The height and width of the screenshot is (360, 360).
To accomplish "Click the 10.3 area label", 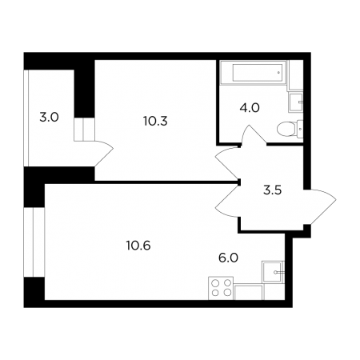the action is pos(155,122).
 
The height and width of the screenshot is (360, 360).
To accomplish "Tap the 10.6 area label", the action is pos(138,246).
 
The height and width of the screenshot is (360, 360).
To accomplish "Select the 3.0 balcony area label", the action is pos(49,118).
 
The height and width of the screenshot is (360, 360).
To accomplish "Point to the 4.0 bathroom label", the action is pos(250,108).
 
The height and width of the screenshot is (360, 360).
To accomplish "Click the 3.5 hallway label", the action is pos(273,190).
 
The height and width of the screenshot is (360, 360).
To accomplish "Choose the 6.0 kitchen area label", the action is pos(228,258).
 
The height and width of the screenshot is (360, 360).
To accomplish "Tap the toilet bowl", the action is pos(286,129).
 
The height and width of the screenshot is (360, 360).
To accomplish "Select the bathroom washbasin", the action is pos(296,102).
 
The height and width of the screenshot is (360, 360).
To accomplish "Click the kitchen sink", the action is pos(273,272).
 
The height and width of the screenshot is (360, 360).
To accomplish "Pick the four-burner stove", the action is pos(221,288).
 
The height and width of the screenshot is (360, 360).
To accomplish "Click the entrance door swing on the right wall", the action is pos(320,206).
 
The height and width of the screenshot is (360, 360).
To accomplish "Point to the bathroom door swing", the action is pos(254,134).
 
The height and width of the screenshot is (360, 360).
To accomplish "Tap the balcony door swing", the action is pos(104,154).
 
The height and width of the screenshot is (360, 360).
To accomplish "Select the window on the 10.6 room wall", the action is pos(34,242).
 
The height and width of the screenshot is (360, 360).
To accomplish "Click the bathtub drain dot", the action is pos(278,73).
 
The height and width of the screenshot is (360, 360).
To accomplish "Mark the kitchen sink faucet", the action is pos(279,273).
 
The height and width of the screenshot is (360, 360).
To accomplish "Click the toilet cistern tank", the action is pos(300,129).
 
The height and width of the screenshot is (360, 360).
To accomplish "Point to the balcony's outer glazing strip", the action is pos(26,118).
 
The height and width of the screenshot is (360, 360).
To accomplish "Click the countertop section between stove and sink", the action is pos(248,292).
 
